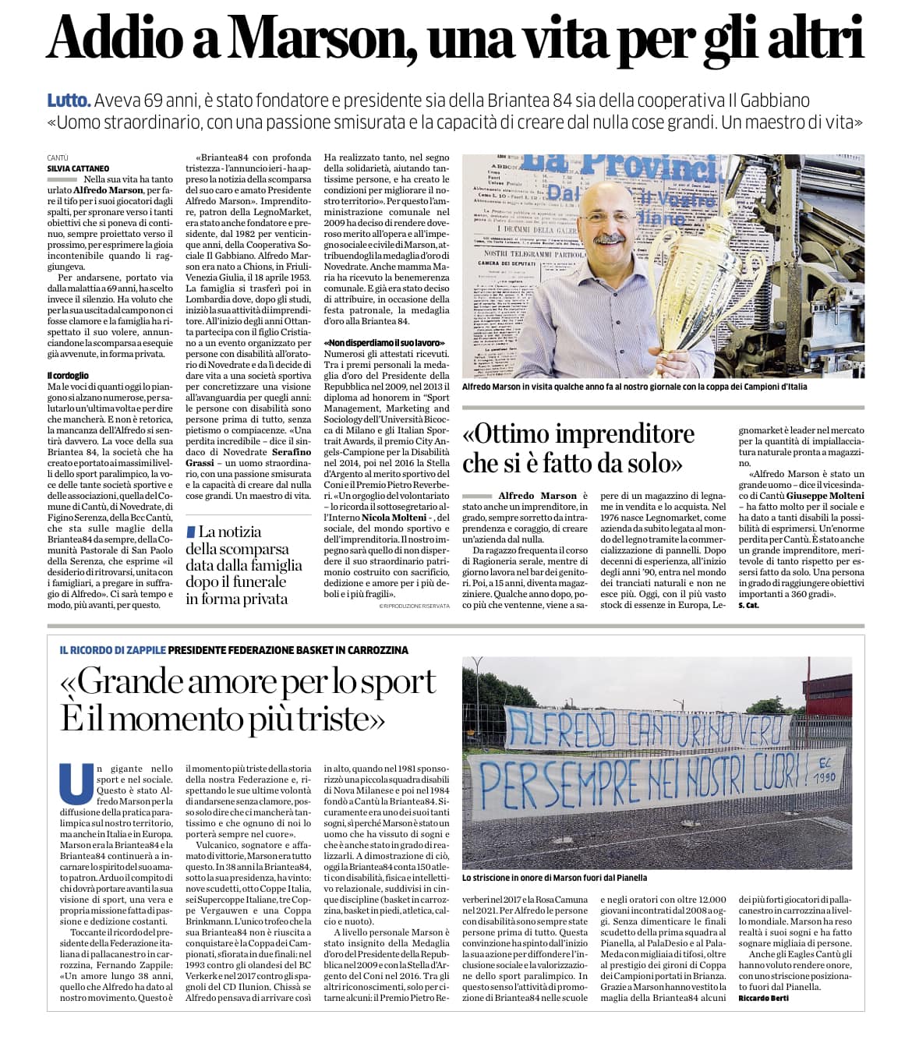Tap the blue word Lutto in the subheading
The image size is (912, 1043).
click(69, 101)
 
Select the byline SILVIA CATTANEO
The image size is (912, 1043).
click(77, 168)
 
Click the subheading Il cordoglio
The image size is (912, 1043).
click(68, 376)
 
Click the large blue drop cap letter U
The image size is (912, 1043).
click(76, 783)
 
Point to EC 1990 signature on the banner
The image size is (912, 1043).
click(822, 773)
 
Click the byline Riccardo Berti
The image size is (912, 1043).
click(763, 999)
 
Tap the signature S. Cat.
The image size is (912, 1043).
click(748, 605)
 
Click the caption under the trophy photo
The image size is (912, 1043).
click(635, 387)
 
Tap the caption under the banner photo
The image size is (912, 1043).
click(554, 877)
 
